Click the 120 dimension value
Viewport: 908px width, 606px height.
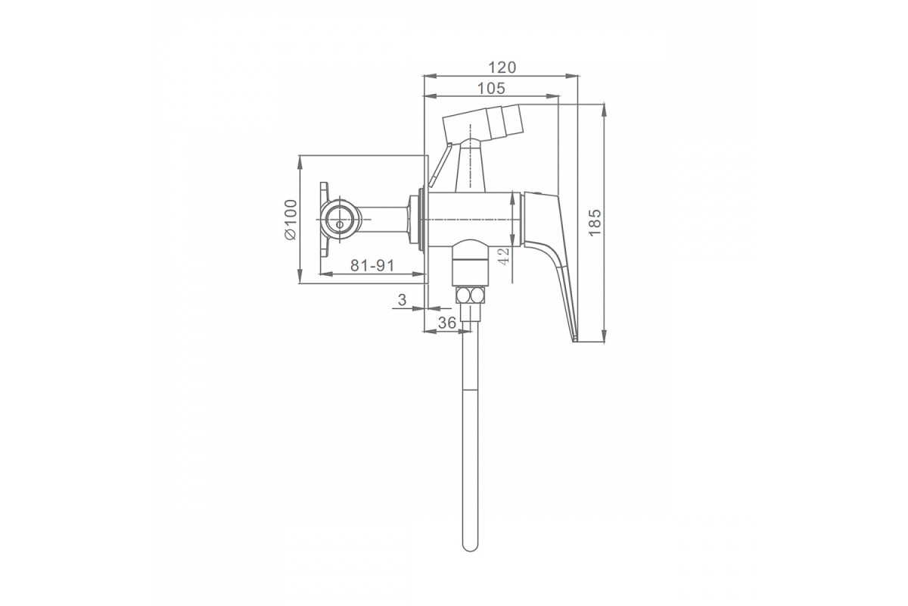[502, 67]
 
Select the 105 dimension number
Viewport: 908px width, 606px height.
[491, 89]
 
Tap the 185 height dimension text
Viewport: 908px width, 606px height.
[595, 223]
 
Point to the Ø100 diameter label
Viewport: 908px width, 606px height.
[291, 220]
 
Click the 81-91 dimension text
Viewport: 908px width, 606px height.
[372, 265]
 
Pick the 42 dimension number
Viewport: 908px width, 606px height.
[503, 256]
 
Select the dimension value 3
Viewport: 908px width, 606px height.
[402, 300]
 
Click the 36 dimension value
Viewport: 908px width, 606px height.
[447, 323]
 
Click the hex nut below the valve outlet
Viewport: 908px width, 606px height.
[470, 295]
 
